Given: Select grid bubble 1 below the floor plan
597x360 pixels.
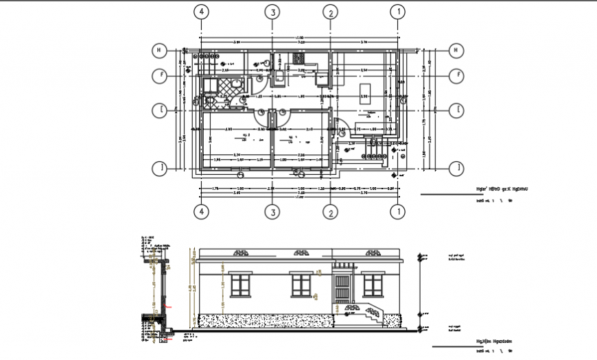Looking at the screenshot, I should pyautogui.click(x=397, y=211).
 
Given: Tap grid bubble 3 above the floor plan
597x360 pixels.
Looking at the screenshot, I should pyautogui.click(x=272, y=12).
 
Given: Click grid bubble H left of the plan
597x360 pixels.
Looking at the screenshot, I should pyautogui.click(x=159, y=49).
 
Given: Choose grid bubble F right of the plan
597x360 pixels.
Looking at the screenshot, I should pyautogui.click(x=454, y=75).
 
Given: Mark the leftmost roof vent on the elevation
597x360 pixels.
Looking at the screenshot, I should pyautogui.click(x=242, y=253).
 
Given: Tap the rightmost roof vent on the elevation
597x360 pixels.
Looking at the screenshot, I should pyautogui.click(x=373, y=253).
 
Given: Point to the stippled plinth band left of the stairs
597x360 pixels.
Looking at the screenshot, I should pyautogui.click(x=268, y=321).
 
